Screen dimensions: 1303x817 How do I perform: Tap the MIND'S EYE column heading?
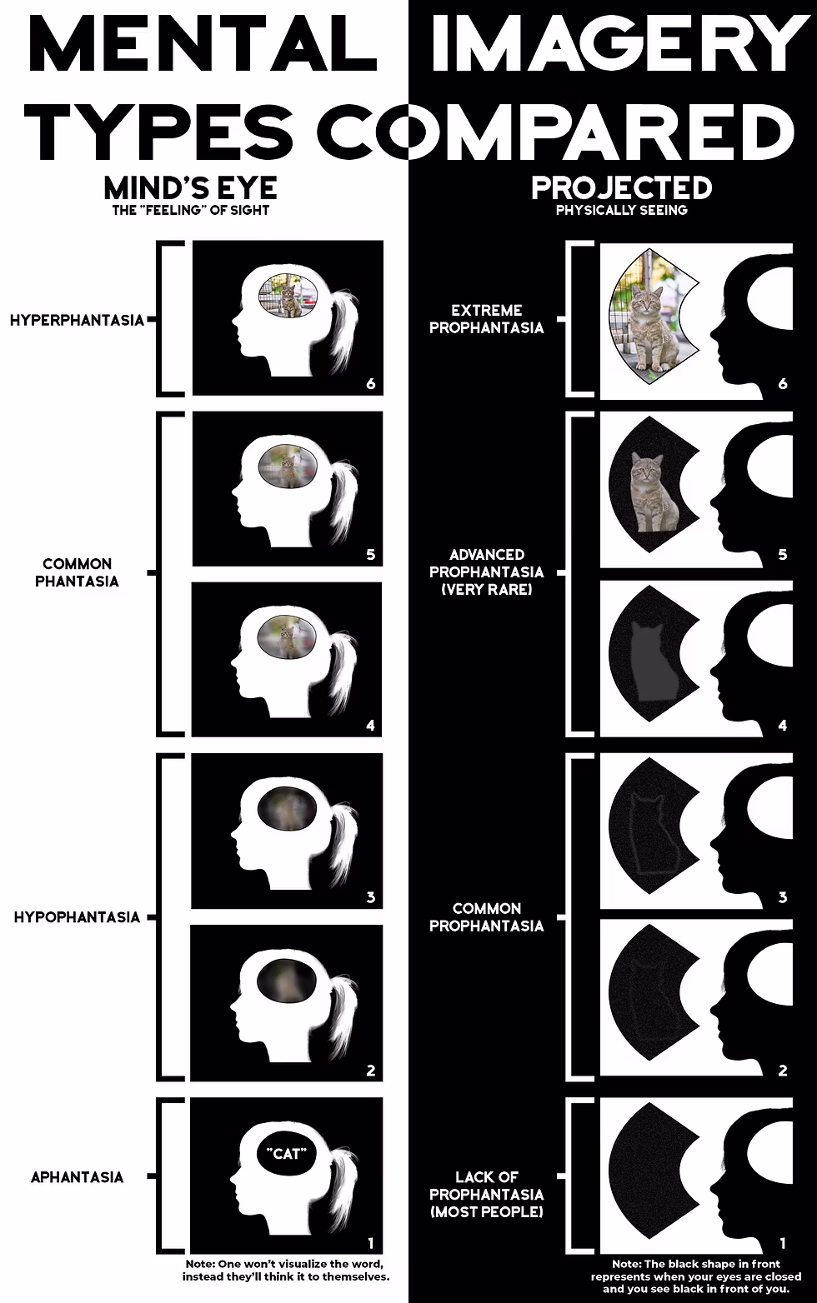click(x=191, y=187)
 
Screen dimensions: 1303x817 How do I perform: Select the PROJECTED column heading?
click(x=622, y=187)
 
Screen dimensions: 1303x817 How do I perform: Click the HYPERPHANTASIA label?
click(x=77, y=320)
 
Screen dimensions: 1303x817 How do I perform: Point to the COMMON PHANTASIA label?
click(x=77, y=572)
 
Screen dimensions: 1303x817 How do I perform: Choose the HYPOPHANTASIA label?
click(x=77, y=917)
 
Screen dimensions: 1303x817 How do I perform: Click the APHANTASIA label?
click(x=77, y=1177)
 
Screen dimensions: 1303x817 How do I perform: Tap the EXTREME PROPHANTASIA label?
click(x=486, y=319)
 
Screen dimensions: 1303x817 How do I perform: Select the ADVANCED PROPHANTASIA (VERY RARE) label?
click(x=486, y=572)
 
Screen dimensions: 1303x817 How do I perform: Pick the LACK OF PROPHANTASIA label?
click(x=486, y=1194)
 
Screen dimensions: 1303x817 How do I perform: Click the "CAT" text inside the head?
click(x=287, y=1154)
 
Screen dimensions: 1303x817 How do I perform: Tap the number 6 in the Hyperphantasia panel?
click(x=370, y=384)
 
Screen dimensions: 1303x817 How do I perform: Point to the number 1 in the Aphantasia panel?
click(x=370, y=1241)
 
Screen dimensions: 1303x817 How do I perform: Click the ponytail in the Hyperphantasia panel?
click(x=342, y=329)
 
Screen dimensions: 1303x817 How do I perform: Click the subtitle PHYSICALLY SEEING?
click(x=622, y=210)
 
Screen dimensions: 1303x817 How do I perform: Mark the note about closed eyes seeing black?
click(x=696, y=1276)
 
